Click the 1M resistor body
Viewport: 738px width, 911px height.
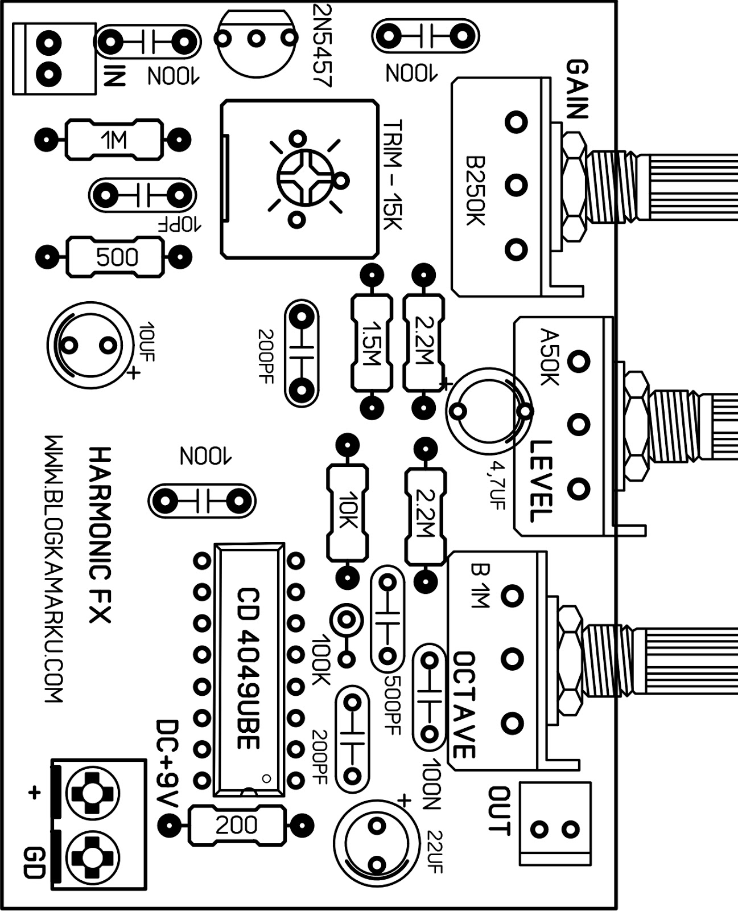(x=114, y=139)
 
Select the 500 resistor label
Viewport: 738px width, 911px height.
(x=116, y=257)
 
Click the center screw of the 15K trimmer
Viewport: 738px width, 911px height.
(x=304, y=178)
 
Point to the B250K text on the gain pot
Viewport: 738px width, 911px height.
(x=475, y=191)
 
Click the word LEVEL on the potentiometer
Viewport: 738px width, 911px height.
(x=540, y=481)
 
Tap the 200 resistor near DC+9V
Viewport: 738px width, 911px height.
(x=236, y=824)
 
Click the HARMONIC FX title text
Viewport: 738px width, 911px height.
(x=101, y=535)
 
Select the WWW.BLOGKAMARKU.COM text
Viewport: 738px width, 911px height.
(x=54, y=569)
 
